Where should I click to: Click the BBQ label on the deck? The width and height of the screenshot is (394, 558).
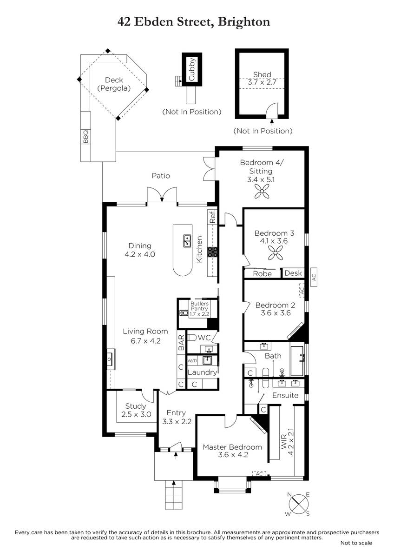(x=85, y=137)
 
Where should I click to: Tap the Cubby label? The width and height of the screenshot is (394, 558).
(x=191, y=69)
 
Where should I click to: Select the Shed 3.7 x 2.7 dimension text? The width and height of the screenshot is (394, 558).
(x=262, y=82)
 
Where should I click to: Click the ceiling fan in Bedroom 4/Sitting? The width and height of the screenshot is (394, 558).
(x=262, y=191)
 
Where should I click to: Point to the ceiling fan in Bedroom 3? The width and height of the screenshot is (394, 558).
(x=276, y=253)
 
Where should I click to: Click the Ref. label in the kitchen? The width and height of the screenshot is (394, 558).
(x=212, y=217)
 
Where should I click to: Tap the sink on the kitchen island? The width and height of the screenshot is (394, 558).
(x=187, y=241)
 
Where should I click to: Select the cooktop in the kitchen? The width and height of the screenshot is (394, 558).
(x=213, y=252)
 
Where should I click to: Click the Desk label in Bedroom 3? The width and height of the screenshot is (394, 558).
(x=293, y=273)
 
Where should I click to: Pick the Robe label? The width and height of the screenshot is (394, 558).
(x=262, y=274)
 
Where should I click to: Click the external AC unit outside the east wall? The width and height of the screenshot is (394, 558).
(x=314, y=277)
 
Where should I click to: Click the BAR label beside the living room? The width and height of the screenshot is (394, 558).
(x=181, y=343)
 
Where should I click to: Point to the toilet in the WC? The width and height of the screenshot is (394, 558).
(x=191, y=338)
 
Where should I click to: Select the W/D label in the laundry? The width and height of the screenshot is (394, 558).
(x=191, y=360)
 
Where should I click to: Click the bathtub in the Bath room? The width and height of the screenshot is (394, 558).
(x=297, y=360)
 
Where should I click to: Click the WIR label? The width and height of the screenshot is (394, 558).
(x=284, y=442)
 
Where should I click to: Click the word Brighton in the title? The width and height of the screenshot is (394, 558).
(x=244, y=22)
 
